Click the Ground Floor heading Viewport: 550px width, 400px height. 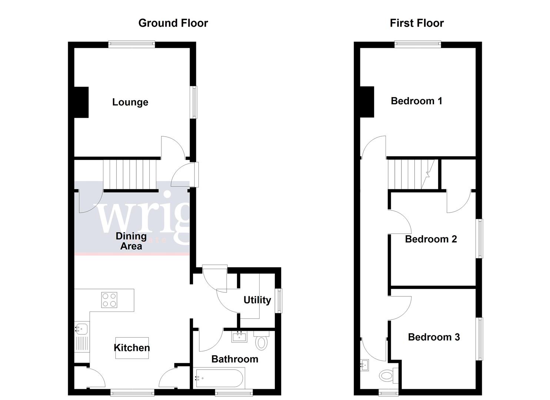coord(173,23)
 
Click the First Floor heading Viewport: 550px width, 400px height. coord(417,23)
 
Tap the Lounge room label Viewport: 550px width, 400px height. coord(130,102)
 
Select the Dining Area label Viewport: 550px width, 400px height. coord(131,241)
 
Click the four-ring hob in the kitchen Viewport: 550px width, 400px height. coord(109,300)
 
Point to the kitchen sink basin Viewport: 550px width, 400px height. coord(81,328)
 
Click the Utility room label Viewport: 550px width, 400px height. coord(257,300)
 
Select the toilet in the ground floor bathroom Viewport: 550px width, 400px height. coord(262,341)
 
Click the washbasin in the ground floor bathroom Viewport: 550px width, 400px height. coord(239,337)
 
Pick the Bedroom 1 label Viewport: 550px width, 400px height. coord(416,101)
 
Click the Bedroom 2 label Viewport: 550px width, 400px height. coord(431,239)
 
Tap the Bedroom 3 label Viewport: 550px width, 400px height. coord(434,337)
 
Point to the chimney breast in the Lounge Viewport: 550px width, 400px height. coord(81,102)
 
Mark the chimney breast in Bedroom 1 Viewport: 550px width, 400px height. coord(367,101)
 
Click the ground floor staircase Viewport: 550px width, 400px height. coord(129,174)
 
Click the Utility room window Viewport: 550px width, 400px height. coord(280,301)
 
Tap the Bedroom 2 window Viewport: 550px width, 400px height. coord(480,238)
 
